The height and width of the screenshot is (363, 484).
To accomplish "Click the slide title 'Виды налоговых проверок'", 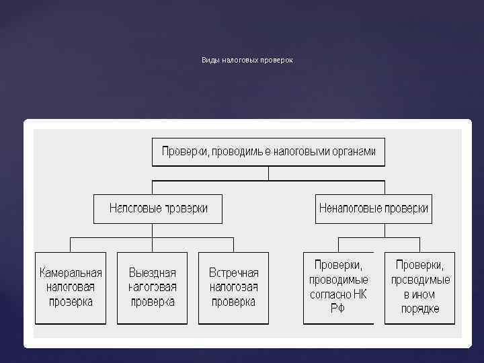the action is tap(247, 61).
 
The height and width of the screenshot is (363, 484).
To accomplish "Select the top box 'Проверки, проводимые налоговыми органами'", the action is tap(268, 152).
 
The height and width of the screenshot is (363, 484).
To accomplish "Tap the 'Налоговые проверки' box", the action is tap(159, 208).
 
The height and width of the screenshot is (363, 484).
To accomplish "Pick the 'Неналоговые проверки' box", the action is tap(373, 208).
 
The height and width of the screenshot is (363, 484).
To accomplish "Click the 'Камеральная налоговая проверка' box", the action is tap(71, 288).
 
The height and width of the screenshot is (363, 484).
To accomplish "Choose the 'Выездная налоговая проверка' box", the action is tap(152, 288).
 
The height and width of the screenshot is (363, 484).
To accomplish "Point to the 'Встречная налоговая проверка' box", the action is tap(233, 288).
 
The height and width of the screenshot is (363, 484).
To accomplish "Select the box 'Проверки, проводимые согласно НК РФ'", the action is tap(338, 288).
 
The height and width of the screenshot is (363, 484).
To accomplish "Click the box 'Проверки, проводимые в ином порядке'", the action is tap(419, 288).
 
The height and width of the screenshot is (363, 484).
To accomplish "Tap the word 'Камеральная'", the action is tap(71, 273).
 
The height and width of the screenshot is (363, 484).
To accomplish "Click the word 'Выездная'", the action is tap(152, 273).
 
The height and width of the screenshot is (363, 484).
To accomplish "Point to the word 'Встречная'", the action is tap(233, 273).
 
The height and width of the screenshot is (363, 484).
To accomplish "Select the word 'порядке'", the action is tap(419, 309).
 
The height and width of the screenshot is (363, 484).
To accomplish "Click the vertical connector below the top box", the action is tap(268, 173).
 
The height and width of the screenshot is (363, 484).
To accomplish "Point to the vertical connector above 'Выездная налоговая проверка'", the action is tap(152, 245).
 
